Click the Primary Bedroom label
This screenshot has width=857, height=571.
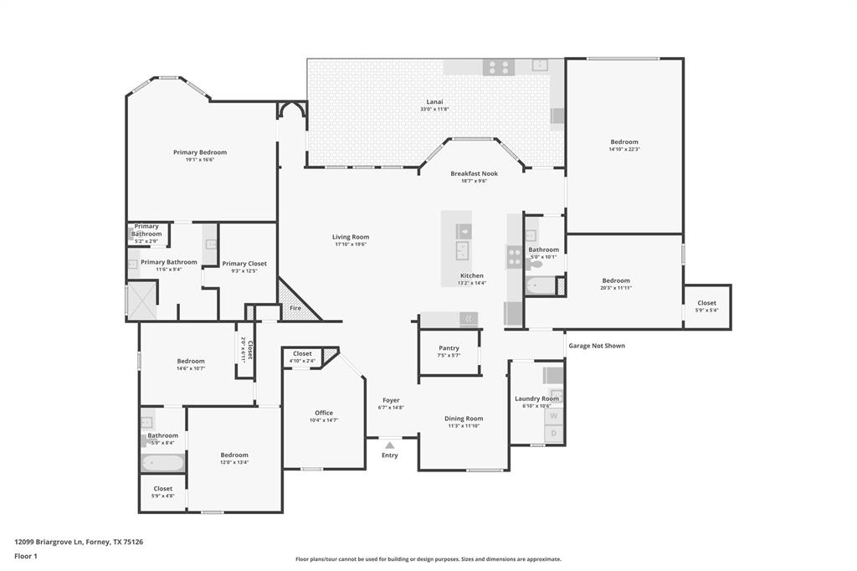pos(200,152)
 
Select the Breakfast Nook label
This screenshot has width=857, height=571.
pos(474,173)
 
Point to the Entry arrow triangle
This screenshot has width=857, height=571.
pos(390,445)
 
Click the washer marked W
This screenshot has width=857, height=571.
pos(553,415)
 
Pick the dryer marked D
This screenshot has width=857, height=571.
pos(553,434)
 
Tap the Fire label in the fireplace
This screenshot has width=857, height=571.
pos(295,308)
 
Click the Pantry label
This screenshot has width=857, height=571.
pos(449,348)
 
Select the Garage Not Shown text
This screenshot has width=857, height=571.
pos(597,345)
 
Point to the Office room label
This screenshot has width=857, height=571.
pos(324,413)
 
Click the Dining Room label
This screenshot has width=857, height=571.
pos(464,419)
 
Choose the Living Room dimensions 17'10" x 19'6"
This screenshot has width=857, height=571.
pos(351,244)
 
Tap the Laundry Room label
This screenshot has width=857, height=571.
pos(536,399)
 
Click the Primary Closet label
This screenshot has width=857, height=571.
pos(244,264)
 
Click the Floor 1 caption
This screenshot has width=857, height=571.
pos(26,556)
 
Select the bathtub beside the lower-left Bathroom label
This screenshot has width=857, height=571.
pos(162,462)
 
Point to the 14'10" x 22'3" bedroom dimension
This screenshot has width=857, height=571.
pos(624,149)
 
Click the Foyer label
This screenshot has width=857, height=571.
pos(391,400)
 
